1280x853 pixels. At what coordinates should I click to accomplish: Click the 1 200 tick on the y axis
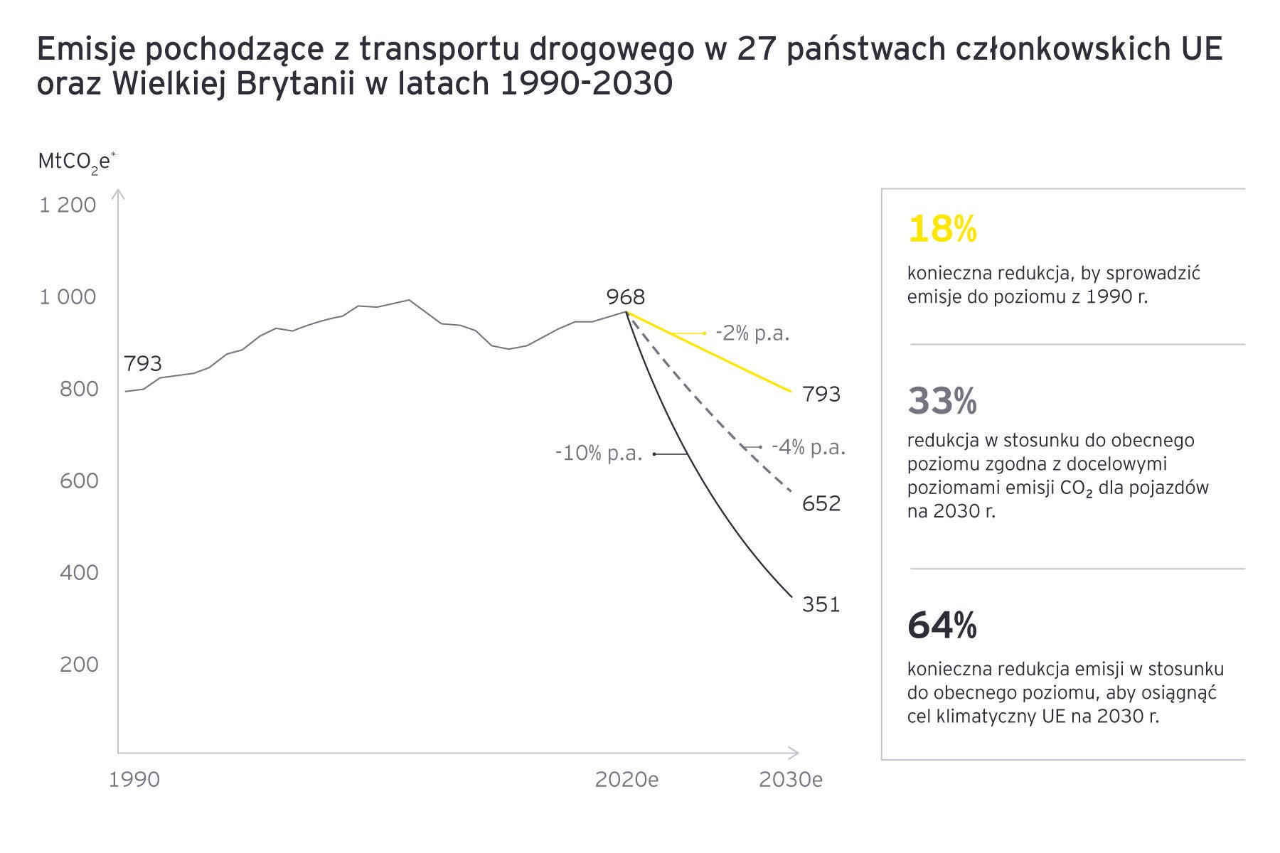[x=68, y=205]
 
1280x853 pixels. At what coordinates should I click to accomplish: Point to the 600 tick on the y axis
[x=79, y=481]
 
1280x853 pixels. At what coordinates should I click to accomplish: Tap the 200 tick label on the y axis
[x=79, y=664]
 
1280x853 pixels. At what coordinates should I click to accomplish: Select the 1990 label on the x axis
[x=134, y=780]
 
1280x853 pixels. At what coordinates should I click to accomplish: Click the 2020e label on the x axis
[x=626, y=780]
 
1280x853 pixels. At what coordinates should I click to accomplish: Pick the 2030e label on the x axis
[x=790, y=780]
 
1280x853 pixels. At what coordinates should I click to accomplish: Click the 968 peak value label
[x=626, y=296]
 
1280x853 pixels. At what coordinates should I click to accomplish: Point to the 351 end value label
[x=821, y=604]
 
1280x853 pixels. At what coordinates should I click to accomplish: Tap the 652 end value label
[x=821, y=503]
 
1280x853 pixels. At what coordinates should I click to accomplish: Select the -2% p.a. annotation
[x=752, y=333]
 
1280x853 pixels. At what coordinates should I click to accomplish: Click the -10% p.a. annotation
[x=599, y=453]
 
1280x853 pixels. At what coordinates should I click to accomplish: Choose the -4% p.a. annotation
[x=809, y=447]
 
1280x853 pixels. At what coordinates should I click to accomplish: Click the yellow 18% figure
[x=942, y=230]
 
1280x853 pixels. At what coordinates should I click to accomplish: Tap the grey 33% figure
[x=942, y=402]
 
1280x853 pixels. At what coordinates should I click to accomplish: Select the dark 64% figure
[x=942, y=626]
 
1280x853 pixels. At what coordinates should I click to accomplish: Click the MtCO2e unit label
[x=76, y=162]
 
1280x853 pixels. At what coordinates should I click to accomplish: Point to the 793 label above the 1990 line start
[x=143, y=363]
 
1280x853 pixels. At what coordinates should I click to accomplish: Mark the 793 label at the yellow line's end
[x=821, y=394]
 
